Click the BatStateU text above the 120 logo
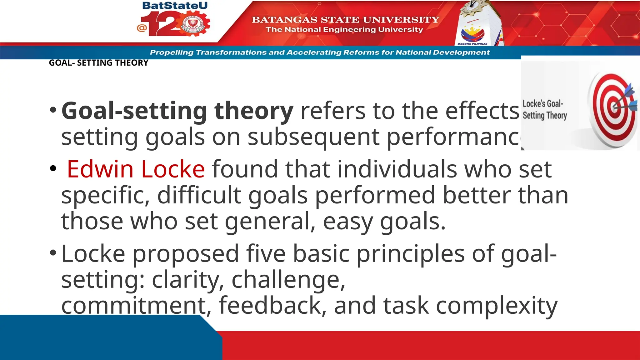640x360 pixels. pos(175,6)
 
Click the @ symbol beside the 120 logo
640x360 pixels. pos(142,28)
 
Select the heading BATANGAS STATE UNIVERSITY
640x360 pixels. pos(345,20)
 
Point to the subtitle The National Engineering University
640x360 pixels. pos(344,30)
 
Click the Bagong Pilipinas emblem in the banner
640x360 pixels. pos(472,34)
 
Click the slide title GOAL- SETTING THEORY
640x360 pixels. pos(98,63)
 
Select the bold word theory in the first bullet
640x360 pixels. pos(254,111)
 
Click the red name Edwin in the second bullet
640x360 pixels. pos(100,169)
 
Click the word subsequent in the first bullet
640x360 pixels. pos(313,137)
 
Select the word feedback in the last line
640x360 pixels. pos(270,305)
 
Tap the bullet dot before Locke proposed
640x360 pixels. pos(53,252)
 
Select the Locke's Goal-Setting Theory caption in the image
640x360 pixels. pos(544,109)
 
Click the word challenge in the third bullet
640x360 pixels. pos(288,279)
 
